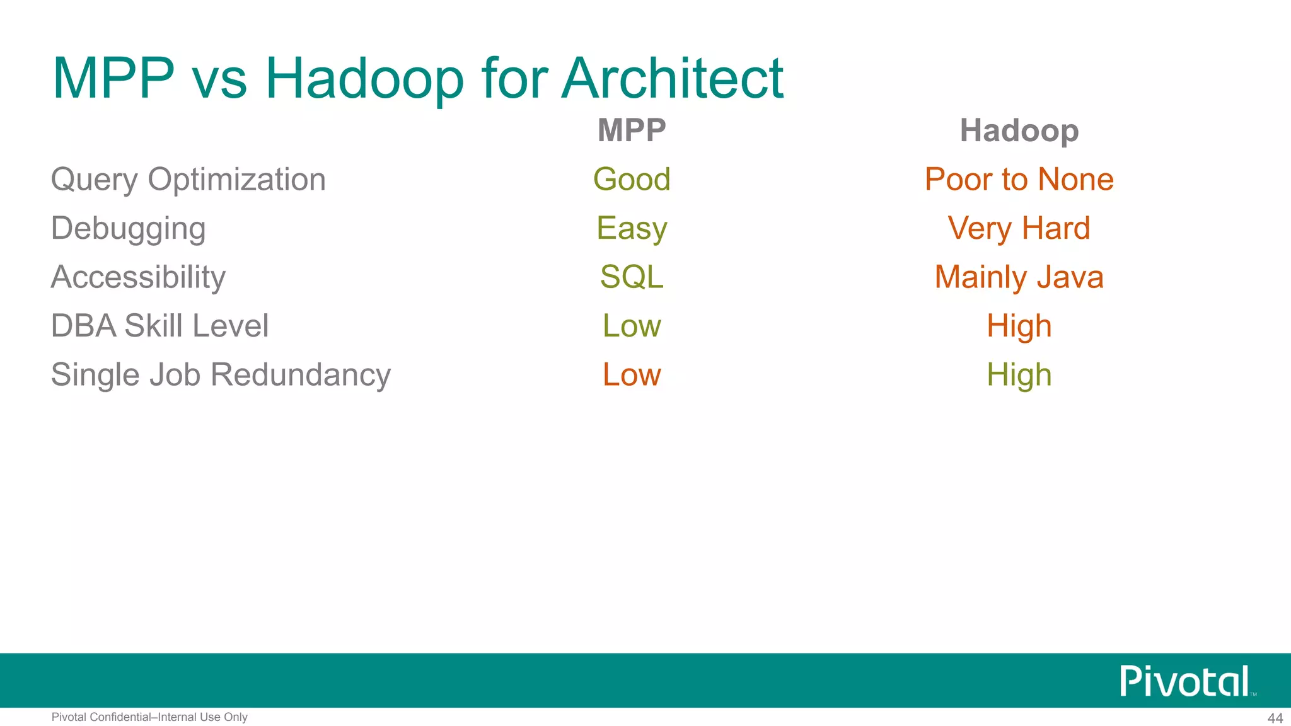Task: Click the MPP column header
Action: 632,130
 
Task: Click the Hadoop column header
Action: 1019,130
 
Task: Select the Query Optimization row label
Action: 188,180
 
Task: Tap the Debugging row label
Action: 129,228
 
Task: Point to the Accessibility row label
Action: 138,277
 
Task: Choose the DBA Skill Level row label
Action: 159,326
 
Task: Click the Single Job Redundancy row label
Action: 221,375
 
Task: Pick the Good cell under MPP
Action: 632,180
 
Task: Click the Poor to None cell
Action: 1019,180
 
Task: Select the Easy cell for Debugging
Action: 632,228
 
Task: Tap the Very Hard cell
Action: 1019,228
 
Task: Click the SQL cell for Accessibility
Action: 632,277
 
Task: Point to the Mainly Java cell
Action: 1019,277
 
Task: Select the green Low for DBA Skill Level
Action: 632,326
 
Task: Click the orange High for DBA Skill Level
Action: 1019,326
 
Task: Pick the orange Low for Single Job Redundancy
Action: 632,375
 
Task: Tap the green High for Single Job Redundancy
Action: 1019,375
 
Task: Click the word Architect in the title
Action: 672,79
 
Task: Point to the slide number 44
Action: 1275,718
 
